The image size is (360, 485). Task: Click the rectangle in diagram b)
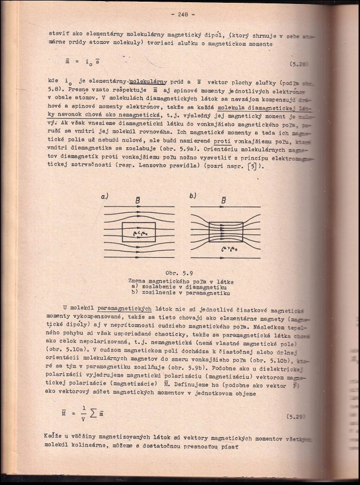pos(225,232)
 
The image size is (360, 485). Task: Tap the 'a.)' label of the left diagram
pos(105,196)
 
